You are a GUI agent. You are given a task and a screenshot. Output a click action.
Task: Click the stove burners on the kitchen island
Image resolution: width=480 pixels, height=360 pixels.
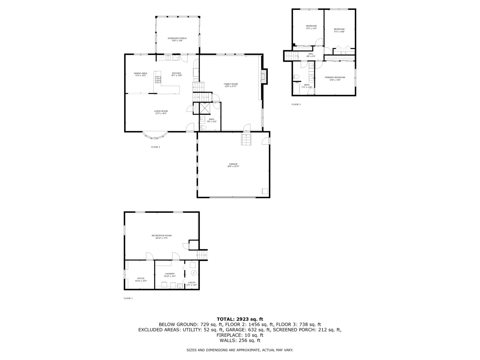tap(158, 80)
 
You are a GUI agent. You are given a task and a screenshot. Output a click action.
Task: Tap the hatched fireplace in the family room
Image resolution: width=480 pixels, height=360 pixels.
tap(264, 76)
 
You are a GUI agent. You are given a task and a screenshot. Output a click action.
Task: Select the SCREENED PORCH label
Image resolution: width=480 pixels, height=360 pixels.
tap(177, 38)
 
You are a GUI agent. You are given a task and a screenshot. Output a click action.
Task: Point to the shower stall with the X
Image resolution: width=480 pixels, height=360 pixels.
tap(204, 108)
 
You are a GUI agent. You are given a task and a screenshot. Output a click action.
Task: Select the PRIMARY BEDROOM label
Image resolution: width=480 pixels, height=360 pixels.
tap(335, 77)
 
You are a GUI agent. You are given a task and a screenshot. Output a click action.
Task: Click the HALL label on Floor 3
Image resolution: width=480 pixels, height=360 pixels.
tap(311, 54)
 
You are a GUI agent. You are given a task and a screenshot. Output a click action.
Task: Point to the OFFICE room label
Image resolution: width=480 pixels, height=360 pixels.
tap(141, 278)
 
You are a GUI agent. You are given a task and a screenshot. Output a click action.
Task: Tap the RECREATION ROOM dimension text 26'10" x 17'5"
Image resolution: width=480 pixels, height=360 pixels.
tap(161, 238)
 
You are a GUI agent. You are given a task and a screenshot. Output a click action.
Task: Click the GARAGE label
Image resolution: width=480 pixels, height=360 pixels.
tap(233, 164)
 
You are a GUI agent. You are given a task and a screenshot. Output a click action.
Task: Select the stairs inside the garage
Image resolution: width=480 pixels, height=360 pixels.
tap(246, 139)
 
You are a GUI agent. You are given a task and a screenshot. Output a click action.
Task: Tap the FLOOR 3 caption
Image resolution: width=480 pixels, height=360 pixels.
tap(296, 104)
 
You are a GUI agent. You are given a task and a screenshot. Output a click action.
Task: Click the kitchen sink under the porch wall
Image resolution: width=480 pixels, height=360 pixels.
tap(168, 58)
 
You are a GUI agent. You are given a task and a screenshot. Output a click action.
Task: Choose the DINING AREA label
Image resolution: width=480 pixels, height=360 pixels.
tap(140, 73)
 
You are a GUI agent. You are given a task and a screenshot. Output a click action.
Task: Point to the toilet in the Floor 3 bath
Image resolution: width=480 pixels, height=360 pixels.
tap(297, 77)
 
